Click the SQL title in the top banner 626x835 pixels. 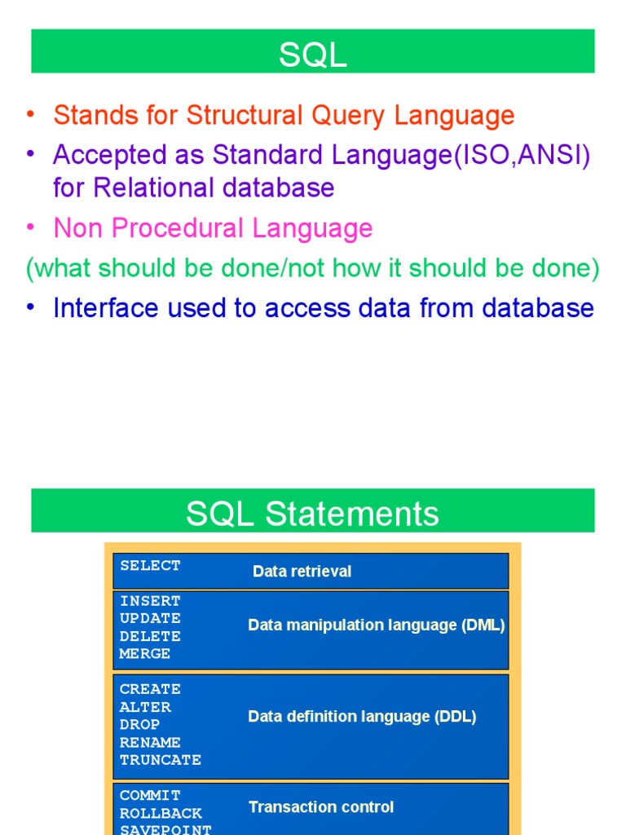(313, 55)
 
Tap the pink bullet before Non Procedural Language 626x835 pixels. (31, 228)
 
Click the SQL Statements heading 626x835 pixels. (313, 514)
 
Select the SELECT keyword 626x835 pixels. (150, 565)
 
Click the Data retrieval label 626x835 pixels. (302, 572)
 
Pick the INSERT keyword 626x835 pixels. (150, 601)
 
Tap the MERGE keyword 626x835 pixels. (145, 654)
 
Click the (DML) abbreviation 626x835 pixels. (483, 625)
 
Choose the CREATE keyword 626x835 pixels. (150, 689)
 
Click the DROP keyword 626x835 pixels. (139, 724)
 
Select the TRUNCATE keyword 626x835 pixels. (161, 760)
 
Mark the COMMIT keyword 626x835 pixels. (150, 795)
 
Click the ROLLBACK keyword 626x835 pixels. (161, 813)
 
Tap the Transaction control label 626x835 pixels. (321, 807)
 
